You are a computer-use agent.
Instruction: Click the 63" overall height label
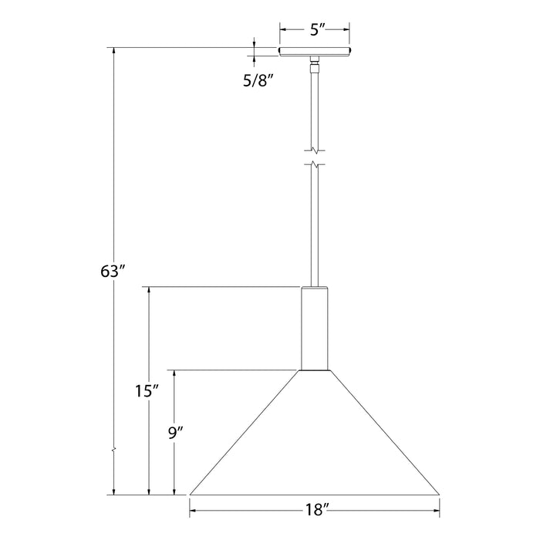click(113, 271)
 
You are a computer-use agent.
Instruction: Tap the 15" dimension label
click(146, 391)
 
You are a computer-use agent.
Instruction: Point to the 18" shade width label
click(315, 509)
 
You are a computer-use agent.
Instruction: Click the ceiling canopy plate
click(315, 52)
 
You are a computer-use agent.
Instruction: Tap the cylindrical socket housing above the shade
click(315, 328)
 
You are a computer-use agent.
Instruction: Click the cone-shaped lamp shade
click(315, 440)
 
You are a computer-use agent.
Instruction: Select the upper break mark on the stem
click(315, 148)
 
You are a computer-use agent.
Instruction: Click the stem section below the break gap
click(315, 224)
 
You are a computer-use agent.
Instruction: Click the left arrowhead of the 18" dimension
click(194, 509)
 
